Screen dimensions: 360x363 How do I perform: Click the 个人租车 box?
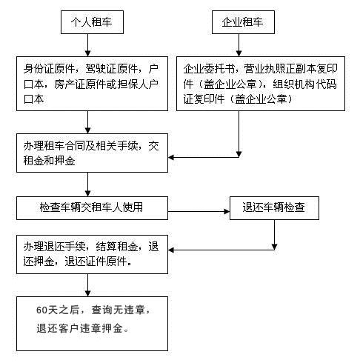pos(92,22)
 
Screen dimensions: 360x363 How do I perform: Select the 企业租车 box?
pos(243,22)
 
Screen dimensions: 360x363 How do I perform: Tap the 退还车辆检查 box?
pos(274,208)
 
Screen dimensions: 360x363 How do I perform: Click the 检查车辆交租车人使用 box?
pos(92,208)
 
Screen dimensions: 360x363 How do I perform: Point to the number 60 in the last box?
pos(41,310)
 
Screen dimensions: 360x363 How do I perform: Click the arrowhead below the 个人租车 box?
pos(87,53)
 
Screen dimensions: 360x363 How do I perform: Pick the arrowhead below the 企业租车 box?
pos(239,53)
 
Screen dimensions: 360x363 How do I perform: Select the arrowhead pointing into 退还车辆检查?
pos(227,211)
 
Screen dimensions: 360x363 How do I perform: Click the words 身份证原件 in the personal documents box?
pos(49,69)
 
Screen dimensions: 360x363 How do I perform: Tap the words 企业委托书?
pos(209,69)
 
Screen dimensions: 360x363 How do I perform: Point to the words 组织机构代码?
pos(304,84)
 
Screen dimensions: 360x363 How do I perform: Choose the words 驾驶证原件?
pos(111,69)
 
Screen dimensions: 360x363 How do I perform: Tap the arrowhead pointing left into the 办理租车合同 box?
pos(171,157)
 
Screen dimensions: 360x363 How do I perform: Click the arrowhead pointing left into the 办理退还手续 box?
pos(171,250)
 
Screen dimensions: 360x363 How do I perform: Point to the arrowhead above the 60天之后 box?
pos(87,293)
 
